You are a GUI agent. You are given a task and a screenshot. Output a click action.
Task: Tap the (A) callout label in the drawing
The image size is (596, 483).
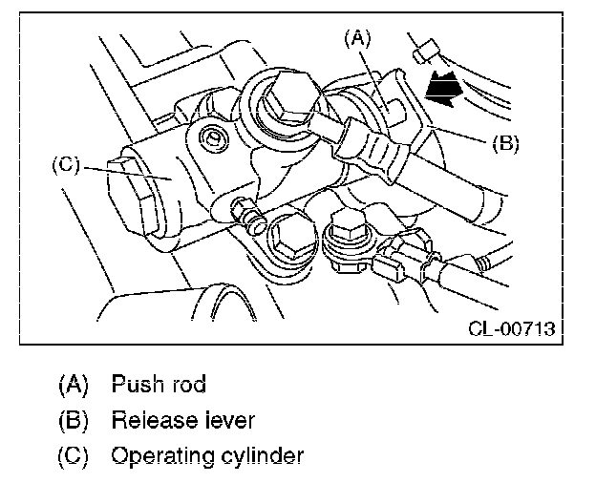click(357, 39)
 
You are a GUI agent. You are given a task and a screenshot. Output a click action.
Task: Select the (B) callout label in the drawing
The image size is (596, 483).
click(505, 144)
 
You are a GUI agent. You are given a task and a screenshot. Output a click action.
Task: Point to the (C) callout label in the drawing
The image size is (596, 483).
click(66, 165)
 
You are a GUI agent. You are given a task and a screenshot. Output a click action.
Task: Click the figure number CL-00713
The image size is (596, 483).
click(512, 328)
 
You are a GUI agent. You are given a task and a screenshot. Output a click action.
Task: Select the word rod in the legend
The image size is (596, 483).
click(189, 384)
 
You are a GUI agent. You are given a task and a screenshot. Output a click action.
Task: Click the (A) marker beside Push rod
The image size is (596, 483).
click(73, 385)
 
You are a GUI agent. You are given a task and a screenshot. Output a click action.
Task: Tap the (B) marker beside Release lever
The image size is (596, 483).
click(73, 421)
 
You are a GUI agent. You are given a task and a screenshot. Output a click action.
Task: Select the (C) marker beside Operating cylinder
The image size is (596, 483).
click(73, 456)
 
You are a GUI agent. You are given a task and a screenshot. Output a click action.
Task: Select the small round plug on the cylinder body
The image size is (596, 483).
click(213, 138)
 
